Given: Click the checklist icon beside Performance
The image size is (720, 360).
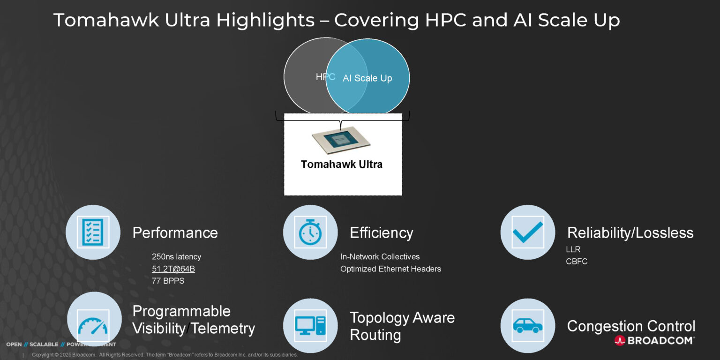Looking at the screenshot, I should [93, 232].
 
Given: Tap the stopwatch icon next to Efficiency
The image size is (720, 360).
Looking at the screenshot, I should [310, 232].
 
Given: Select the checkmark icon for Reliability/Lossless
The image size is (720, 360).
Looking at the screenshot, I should [527, 232].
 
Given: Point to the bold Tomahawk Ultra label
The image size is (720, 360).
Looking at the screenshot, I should [341, 165].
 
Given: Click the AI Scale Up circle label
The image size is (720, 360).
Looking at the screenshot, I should [367, 78].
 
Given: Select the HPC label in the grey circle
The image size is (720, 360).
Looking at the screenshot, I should [325, 77].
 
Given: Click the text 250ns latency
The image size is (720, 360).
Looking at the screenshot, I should [176, 257].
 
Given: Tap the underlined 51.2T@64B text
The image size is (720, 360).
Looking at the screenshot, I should [173, 269].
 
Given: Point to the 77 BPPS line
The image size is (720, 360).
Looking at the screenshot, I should [168, 281].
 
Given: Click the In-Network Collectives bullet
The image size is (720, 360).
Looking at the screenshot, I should [380, 257].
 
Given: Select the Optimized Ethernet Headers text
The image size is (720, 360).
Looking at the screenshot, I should [390, 269].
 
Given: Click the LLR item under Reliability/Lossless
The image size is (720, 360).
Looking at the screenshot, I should [573, 249].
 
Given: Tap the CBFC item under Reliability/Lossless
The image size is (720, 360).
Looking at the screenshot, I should [577, 262].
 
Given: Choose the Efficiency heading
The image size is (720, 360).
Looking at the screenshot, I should [381, 233].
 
